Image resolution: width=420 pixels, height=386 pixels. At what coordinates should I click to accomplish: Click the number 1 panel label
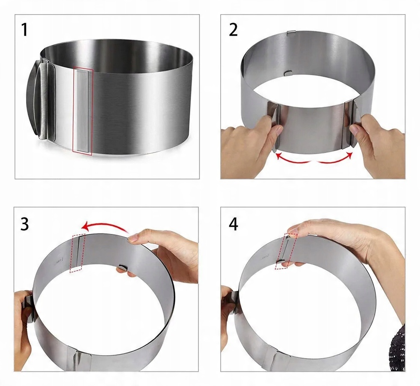point(24,30)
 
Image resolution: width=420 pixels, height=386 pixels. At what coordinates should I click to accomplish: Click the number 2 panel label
point(233,30)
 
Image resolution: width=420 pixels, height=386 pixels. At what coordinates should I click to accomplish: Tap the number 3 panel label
point(24,224)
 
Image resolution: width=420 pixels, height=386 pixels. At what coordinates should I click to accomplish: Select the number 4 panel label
point(233,224)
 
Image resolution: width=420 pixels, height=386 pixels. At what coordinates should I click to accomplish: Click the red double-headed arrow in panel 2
point(314,158)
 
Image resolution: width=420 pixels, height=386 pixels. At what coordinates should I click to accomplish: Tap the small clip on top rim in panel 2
point(291,33)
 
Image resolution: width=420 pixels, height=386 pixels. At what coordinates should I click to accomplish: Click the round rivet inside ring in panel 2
point(288,72)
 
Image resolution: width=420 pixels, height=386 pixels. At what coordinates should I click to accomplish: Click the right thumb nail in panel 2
point(355,130)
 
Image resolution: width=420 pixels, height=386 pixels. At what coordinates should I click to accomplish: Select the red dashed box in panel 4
point(286,251)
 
